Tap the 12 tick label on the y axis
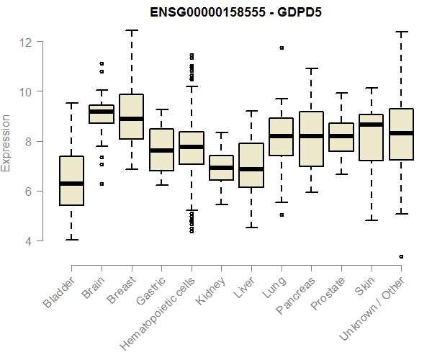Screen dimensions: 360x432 tap(25, 42)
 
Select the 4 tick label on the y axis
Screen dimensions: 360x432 tap(28, 241)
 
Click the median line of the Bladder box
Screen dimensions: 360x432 tap(71, 184)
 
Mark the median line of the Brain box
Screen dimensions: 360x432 tap(101, 112)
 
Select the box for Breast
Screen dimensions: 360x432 tap(131, 117)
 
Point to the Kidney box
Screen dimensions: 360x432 tap(222, 168)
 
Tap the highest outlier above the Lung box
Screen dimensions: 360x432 tap(282, 48)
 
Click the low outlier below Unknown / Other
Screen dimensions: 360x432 tap(402, 256)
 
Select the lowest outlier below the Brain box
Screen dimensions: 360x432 tap(102, 184)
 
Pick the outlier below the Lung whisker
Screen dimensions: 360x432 tap(282, 215)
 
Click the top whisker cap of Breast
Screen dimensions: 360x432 tap(131, 31)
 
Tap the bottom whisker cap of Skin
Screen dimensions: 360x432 tap(372, 220)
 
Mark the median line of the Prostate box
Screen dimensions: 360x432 tap(341, 136)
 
